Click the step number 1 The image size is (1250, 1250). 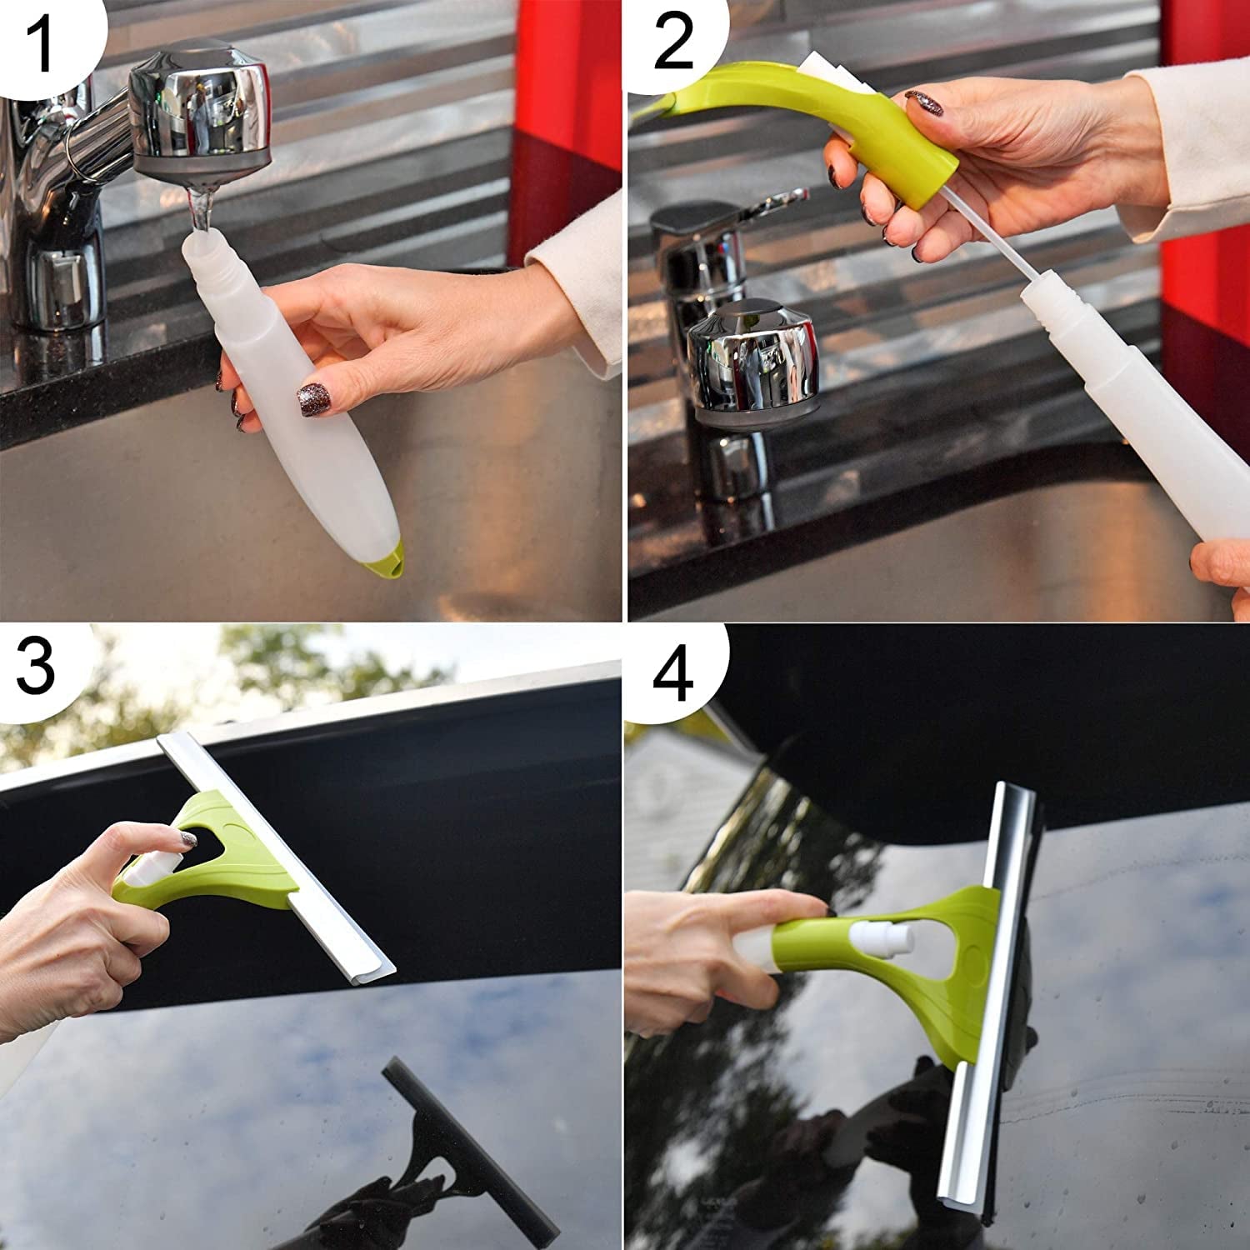(x=42, y=42)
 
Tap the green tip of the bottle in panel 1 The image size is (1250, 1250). (x=387, y=559)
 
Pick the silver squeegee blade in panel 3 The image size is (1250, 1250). (x=275, y=858)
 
